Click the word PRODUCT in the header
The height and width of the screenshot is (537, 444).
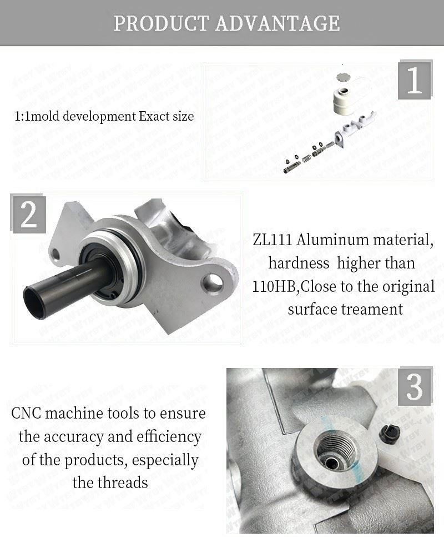coord(162,23)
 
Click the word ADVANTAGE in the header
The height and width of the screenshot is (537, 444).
coord(277,23)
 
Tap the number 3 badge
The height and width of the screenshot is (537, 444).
coord(414,387)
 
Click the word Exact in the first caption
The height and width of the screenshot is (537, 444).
coord(155,116)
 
